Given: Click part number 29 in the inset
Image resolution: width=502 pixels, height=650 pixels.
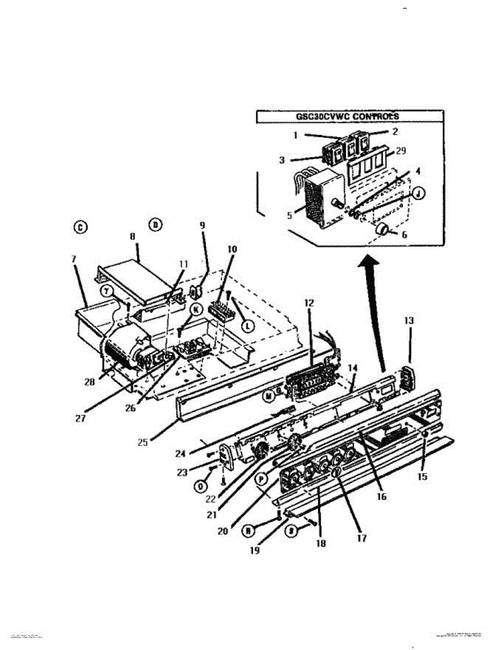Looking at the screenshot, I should (401, 151).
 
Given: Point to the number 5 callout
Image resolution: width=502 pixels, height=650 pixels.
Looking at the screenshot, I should (290, 215).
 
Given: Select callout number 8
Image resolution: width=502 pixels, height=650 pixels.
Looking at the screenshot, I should (132, 237).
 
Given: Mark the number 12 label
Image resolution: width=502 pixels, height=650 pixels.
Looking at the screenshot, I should (308, 304).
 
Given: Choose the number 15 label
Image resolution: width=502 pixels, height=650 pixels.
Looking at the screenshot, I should (422, 477).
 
